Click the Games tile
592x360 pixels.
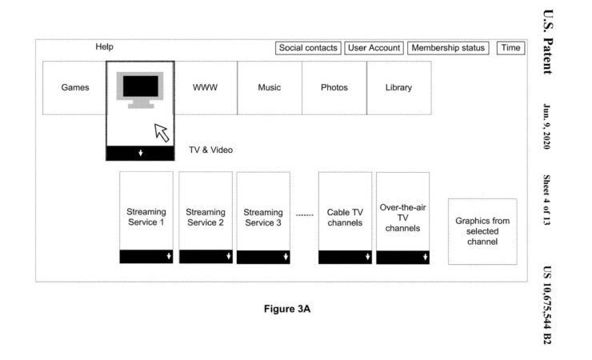tap(74, 87)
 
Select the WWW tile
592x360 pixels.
tap(206, 87)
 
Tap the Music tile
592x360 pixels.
tap(270, 87)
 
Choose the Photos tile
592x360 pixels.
tap(334, 87)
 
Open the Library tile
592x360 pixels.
tap(398, 87)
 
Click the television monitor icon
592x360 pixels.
tap(140, 90)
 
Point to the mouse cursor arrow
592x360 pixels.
tap(162, 133)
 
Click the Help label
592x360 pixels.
tap(104, 46)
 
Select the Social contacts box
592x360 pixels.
tap(308, 48)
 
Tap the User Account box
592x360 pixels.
tap(374, 48)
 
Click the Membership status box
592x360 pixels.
tap(448, 48)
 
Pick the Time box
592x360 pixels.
tap(511, 48)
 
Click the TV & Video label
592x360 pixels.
tap(210, 150)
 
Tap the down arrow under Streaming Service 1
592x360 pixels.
tap(169, 256)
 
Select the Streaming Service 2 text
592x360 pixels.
tap(206, 218)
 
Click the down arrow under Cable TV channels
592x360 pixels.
tap(368, 257)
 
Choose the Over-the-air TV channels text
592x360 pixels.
tap(403, 218)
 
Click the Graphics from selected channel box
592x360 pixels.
tap(482, 231)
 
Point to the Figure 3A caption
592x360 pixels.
tap(287, 309)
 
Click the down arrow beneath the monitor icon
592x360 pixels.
tap(141, 154)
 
